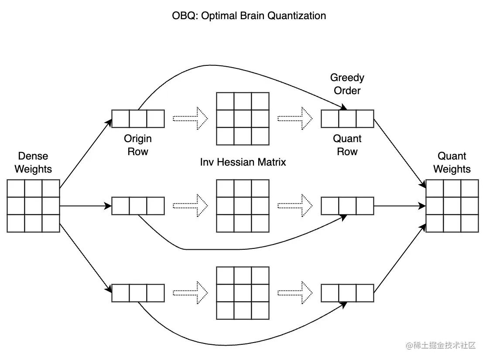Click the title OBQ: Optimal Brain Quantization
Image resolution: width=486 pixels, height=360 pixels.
249,16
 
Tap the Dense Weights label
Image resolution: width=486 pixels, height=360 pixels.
33,163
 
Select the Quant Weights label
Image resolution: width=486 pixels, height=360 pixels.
452,163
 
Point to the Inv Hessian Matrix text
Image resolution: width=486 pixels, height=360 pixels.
243,162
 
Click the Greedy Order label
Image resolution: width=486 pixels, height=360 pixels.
347,84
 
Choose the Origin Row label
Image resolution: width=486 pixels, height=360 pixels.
138,145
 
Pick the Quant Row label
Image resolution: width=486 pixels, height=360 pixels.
347,145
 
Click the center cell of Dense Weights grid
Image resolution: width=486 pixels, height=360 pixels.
33,206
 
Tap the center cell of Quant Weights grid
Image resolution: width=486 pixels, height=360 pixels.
452,206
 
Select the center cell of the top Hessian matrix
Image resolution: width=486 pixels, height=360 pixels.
243,119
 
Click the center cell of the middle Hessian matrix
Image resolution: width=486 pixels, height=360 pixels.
243,206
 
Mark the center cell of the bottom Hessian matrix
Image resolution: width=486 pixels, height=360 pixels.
243,293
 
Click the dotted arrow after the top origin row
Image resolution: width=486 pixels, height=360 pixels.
190,119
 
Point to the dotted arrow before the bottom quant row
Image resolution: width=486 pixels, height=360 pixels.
295,293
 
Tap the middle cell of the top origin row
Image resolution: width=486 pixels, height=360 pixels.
138,119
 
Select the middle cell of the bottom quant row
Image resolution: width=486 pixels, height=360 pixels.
347,293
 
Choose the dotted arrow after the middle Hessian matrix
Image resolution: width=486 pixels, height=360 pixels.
295,206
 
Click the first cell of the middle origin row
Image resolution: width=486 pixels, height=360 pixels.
120,206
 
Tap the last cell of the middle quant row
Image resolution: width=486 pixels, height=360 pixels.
365,206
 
